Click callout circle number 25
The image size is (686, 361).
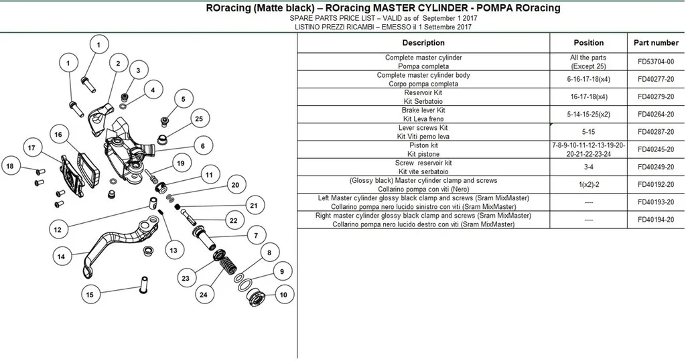(x=199, y=119)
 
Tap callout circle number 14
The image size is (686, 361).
(x=61, y=257)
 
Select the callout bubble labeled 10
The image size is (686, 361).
(x=283, y=295)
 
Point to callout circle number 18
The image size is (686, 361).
(x=10, y=166)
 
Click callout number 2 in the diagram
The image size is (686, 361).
(x=118, y=64)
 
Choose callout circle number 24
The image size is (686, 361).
(x=204, y=295)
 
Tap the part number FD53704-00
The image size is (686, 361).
(x=655, y=62)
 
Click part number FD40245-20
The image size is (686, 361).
(x=655, y=149)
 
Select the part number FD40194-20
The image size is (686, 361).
(x=655, y=220)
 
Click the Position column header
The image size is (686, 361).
(x=588, y=43)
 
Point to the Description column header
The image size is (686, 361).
(x=423, y=43)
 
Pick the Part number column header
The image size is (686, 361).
(x=656, y=43)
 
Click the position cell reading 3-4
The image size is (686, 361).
(x=588, y=167)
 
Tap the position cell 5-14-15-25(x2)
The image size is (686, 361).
(x=588, y=115)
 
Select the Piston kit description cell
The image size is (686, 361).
(x=423, y=149)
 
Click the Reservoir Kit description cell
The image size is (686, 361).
(x=423, y=96)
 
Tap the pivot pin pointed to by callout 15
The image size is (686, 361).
(x=143, y=285)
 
